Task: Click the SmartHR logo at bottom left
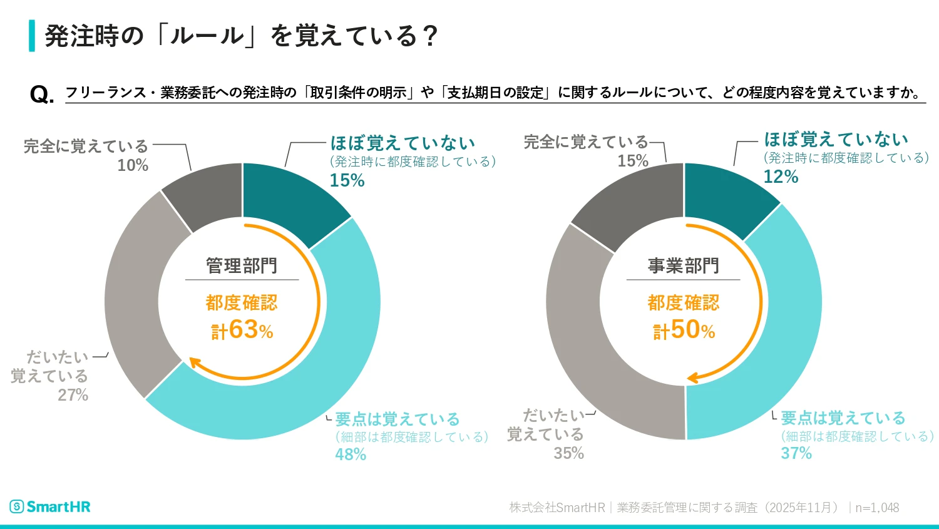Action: click(x=50, y=506)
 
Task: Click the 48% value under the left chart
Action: click(x=351, y=455)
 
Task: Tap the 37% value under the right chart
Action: click(x=796, y=453)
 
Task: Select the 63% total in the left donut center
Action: click(x=243, y=329)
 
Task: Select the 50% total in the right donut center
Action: click(x=684, y=329)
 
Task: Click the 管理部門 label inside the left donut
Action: click(x=242, y=266)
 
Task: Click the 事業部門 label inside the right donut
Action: click(x=684, y=266)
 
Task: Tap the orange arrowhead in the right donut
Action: click(x=692, y=378)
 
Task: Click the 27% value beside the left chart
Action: click(x=73, y=395)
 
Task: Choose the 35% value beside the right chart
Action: click(x=568, y=453)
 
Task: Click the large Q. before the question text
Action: click(x=41, y=95)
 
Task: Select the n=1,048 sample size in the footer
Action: click(x=877, y=508)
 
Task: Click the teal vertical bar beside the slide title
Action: click(x=32, y=36)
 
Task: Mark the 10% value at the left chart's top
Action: click(x=133, y=165)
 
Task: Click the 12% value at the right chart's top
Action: click(x=781, y=177)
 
